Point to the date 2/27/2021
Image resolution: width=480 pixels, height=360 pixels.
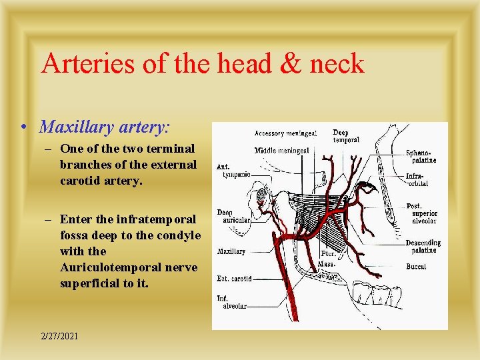point(59,336)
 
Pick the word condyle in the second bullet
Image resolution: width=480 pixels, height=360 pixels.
point(179,235)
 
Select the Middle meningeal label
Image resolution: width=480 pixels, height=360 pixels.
point(282,150)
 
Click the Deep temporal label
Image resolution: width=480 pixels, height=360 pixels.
point(346,136)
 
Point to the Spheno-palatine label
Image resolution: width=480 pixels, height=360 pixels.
point(421,156)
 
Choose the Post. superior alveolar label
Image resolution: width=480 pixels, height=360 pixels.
point(424,213)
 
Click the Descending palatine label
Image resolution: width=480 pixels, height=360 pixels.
point(423,247)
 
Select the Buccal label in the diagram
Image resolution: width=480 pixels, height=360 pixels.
point(416,267)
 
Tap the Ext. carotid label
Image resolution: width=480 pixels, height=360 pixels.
point(234,279)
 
